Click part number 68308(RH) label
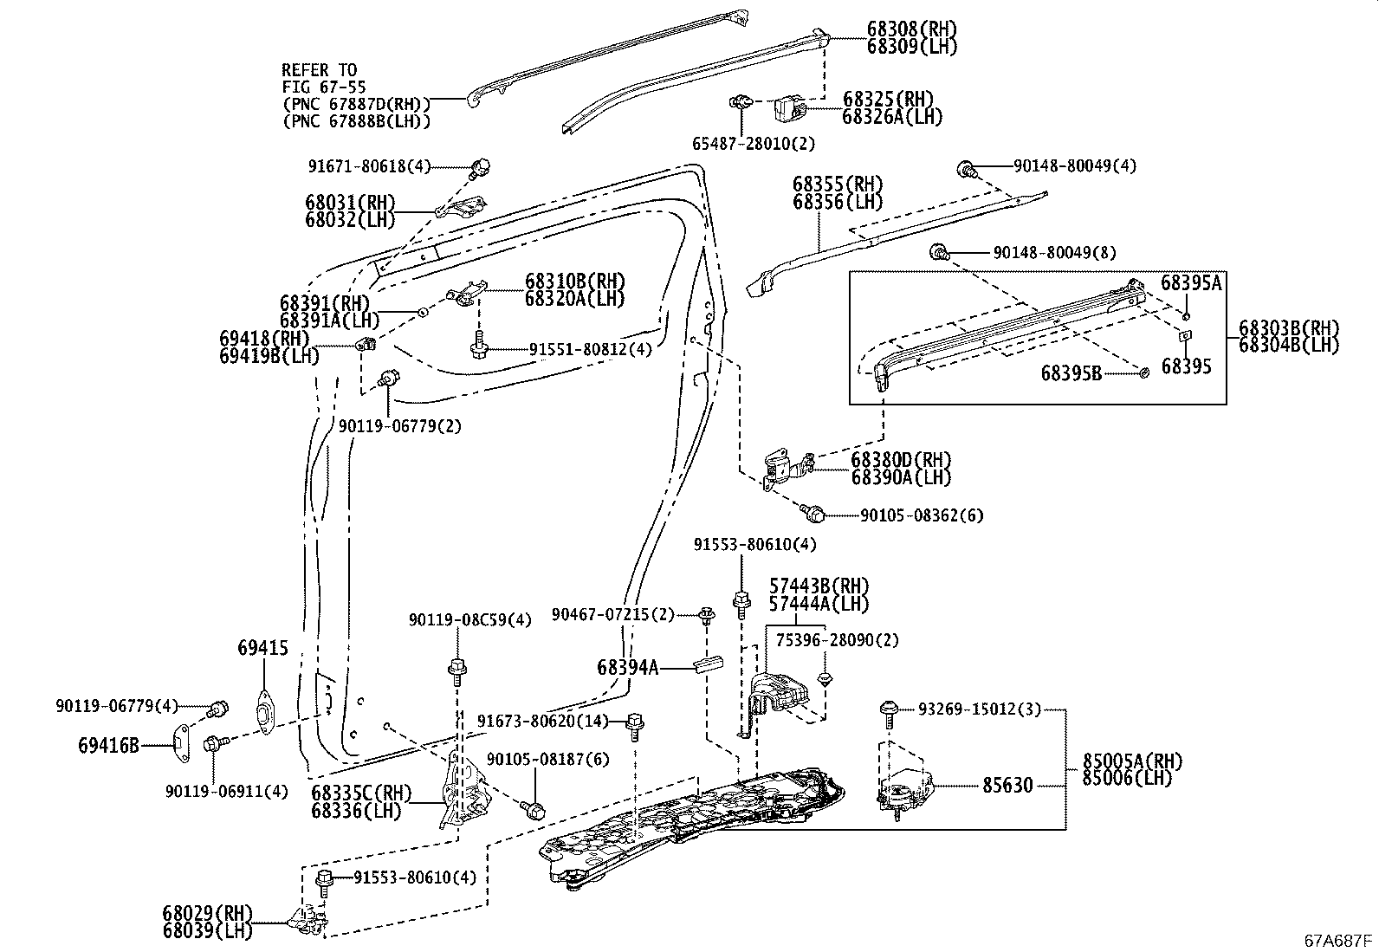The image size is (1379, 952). click(911, 29)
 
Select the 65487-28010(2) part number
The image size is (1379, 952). click(753, 143)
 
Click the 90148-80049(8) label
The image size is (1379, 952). click(1053, 253)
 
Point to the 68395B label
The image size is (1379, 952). click(1071, 372)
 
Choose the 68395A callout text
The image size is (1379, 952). click(1191, 283)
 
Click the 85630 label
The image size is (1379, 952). click(1007, 786)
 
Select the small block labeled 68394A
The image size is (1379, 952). click(708, 666)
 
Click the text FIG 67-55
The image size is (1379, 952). click(323, 87)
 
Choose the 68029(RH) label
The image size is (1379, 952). click(207, 913)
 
